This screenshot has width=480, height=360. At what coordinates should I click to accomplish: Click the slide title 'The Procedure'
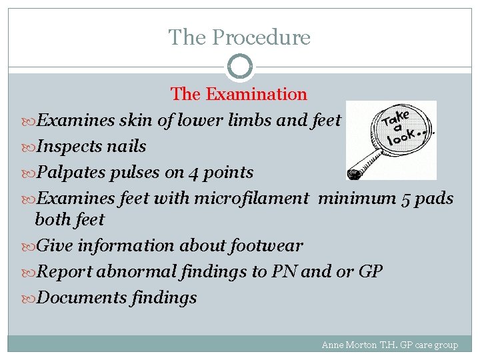pyautogui.click(x=239, y=37)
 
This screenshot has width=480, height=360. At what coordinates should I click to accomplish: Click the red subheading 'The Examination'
pyautogui.click(x=239, y=95)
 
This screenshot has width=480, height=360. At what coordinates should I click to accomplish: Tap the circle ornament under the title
pyautogui.click(x=240, y=67)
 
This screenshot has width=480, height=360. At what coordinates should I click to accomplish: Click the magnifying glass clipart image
pyautogui.click(x=391, y=140)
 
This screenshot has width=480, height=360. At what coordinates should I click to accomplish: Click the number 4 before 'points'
pyautogui.click(x=193, y=173)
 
